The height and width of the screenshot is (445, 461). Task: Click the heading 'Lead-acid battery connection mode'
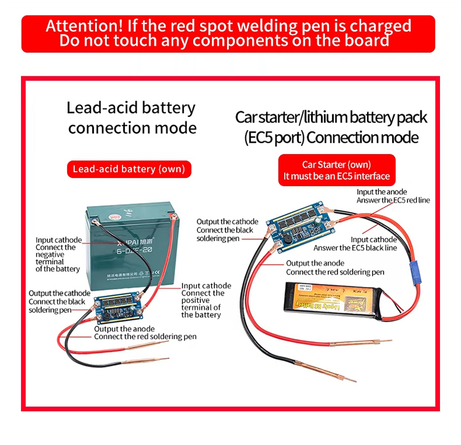pyautogui.click(x=132, y=118)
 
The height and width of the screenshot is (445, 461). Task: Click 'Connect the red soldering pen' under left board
pyautogui.click(x=145, y=337)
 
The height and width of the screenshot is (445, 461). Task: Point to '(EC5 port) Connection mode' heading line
pyautogui.click(x=331, y=137)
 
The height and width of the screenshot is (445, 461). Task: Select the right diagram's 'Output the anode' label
pyautogui.click(x=315, y=263)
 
